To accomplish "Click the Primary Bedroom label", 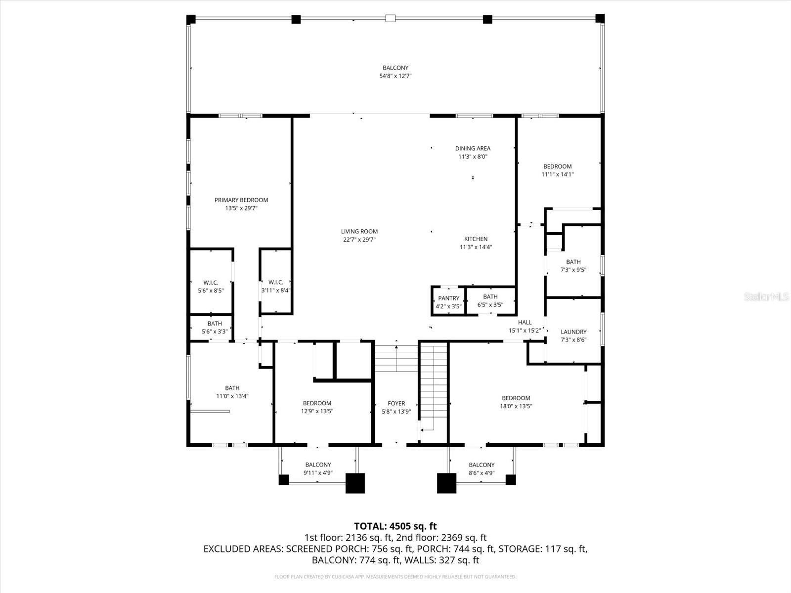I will (x=241, y=200).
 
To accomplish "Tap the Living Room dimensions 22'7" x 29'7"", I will (x=359, y=240).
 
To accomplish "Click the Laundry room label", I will (x=573, y=332).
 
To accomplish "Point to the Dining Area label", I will (x=473, y=148).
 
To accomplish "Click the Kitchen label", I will (x=476, y=239).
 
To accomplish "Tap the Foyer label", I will (x=396, y=404).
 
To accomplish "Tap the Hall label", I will (x=525, y=322).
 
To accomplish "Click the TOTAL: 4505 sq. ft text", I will (x=395, y=526).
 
